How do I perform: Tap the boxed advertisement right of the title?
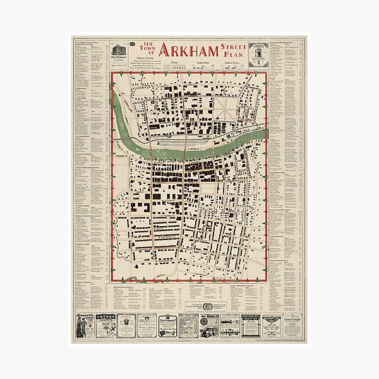pyautogui.click(x=259, y=53)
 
